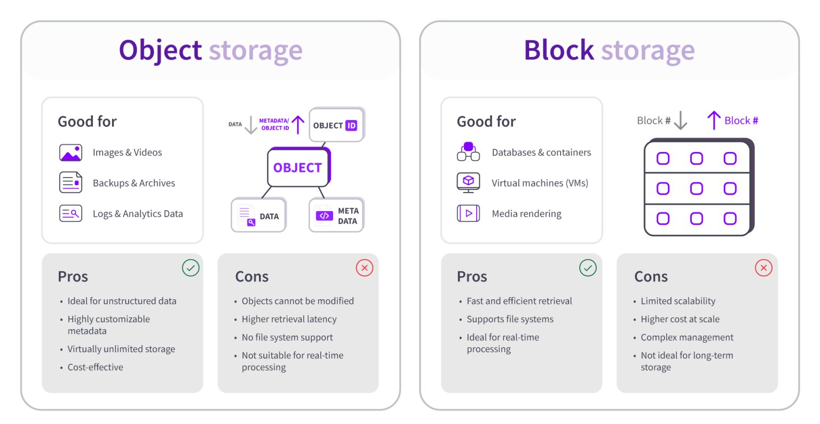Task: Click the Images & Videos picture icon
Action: pos(70,153)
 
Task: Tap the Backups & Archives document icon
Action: pos(70,182)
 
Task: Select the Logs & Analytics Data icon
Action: pos(70,213)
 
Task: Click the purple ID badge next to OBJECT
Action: pos(351,125)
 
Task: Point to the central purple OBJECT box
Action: pos(298,167)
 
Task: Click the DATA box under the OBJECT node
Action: pos(258,215)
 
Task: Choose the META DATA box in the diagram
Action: pos(336,215)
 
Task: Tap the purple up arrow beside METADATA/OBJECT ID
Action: pos(298,125)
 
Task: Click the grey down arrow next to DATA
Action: pos(251,125)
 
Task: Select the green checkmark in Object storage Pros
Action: pos(191,268)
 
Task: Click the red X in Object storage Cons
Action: pos(365,268)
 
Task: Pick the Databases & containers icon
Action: pos(468,152)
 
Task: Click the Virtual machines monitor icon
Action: pos(468,182)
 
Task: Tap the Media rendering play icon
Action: pos(468,213)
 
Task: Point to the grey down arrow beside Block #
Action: pos(681,121)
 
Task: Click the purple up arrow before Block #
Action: pos(714,121)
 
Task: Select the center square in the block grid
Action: pos(696,188)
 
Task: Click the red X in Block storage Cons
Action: pos(763,268)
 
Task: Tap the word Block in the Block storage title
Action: pos(558,50)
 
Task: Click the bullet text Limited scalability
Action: pos(678,301)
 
